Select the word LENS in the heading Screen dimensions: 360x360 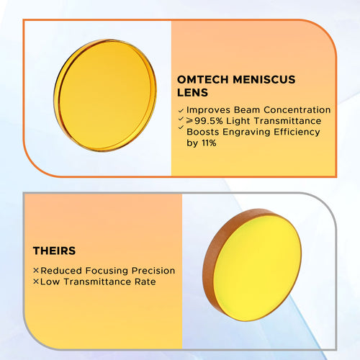click(x=192, y=94)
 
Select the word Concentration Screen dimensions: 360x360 click(x=299, y=110)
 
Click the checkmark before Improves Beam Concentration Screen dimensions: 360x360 click(x=180, y=110)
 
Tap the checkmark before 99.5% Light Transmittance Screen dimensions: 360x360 click(x=180, y=121)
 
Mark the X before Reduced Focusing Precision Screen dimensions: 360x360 click(x=36, y=271)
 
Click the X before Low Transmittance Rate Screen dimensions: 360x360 click(x=36, y=282)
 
